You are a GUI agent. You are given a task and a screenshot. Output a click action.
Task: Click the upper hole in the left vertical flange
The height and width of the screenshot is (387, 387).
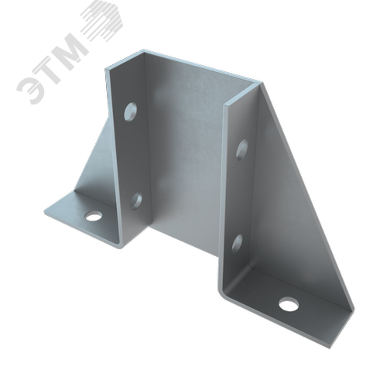(130, 111)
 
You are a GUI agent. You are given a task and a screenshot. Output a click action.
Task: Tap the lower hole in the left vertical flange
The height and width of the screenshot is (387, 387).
(136, 200)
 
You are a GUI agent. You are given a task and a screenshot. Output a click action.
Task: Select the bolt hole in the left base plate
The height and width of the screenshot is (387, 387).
(93, 216)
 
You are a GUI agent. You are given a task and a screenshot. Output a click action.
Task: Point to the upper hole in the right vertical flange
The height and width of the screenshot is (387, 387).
(241, 149)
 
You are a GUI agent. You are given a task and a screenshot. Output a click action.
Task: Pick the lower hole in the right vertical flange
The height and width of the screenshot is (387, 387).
(237, 243)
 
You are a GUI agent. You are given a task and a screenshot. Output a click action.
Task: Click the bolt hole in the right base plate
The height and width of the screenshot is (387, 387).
(289, 304)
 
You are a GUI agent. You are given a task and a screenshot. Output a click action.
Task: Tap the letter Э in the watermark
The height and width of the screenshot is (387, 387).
(30, 90)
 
